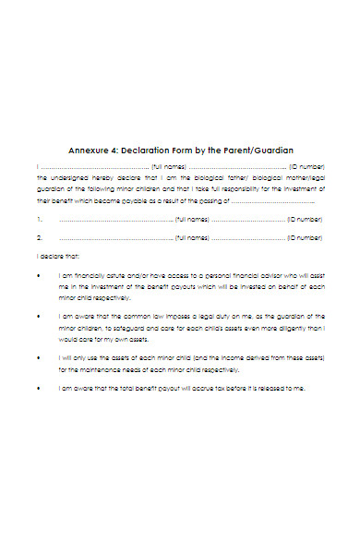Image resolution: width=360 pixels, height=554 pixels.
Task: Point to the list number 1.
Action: pos(39,220)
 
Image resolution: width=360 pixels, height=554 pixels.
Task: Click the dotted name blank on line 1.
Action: pos(115,221)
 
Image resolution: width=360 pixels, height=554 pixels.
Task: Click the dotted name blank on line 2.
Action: pos(115,238)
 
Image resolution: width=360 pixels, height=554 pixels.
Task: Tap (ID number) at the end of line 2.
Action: pos(304,238)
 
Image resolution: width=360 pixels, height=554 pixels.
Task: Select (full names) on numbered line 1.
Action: pos(192,221)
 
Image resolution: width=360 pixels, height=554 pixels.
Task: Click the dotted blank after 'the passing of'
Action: pos(272,201)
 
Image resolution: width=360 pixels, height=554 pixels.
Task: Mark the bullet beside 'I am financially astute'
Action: pos(39,274)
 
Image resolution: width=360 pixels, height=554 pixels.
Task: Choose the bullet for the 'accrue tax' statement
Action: pos(39,388)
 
